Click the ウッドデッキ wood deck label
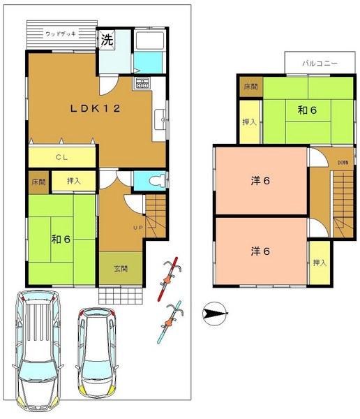click(61, 34)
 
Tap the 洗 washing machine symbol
click(107, 39)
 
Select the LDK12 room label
click(95, 108)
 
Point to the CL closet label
click(61, 158)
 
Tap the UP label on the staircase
click(138, 228)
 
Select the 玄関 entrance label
click(121, 267)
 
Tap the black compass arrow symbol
click(215, 314)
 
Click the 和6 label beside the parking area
click(62, 239)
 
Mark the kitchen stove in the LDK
click(142, 86)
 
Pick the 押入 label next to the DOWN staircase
click(320, 263)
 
